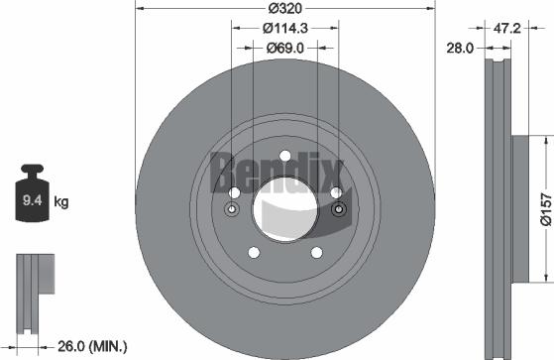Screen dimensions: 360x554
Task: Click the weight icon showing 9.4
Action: pyautogui.click(x=32, y=199)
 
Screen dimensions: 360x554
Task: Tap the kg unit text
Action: pyautogui.click(x=60, y=203)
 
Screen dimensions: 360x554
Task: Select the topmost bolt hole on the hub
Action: pyautogui.click(x=284, y=156)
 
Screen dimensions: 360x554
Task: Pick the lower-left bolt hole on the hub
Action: pyautogui.click(x=253, y=253)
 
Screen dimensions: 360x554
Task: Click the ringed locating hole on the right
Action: pyautogui.click(x=338, y=209)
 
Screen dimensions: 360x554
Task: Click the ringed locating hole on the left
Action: pyautogui.click(x=232, y=209)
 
